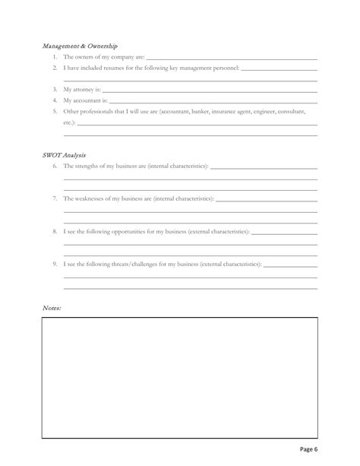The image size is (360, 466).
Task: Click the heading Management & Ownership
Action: (79, 46)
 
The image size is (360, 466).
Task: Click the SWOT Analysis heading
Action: (64, 154)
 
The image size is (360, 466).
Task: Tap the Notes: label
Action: (52, 307)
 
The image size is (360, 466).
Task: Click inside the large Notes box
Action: (179, 377)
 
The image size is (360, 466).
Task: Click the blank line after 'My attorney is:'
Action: (209, 90)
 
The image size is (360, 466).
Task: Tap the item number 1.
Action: (55, 57)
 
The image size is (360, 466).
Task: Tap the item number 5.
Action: (55, 111)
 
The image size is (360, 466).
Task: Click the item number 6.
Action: (55, 166)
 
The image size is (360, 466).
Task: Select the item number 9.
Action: (55, 265)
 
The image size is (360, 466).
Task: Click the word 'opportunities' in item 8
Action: (131, 231)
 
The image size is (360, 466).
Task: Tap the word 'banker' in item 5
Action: (201, 111)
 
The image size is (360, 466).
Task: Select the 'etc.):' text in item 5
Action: (70, 122)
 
